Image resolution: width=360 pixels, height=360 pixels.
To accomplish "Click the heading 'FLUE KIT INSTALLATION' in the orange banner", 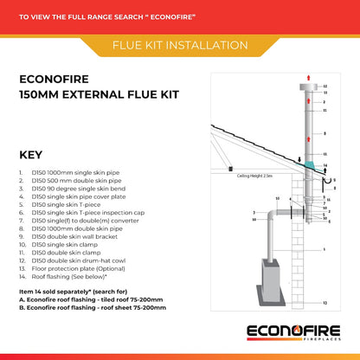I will pyautogui.click(x=179, y=44).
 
